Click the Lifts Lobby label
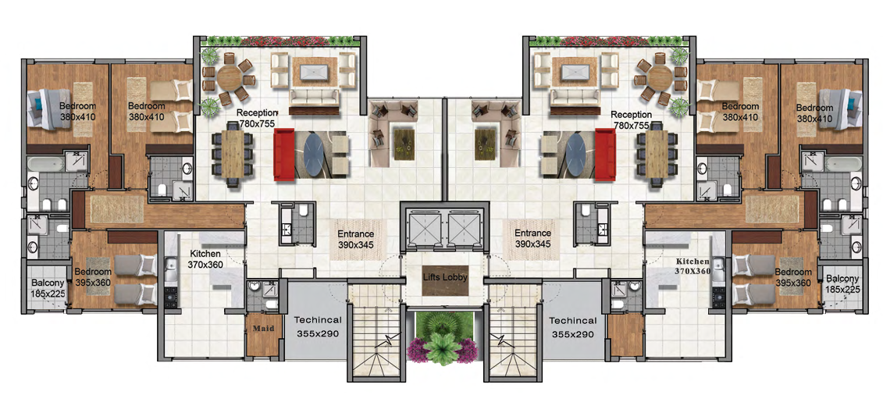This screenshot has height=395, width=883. (x=443, y=277)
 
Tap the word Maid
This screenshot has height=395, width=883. (x=262, y=328)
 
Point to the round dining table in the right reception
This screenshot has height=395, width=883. (x=657, y=77)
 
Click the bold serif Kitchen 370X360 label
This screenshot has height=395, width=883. (x=693, y=266)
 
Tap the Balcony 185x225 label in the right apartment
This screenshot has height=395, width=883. (x=842, y=283)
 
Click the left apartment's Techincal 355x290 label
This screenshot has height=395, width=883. (x=318, y=326)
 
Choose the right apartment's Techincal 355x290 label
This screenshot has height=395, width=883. (x=572, y=326)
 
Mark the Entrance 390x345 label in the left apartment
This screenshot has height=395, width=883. (x=355, y=239)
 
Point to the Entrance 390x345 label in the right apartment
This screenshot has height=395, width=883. (x=532, y=239)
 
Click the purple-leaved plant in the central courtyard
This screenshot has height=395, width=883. (x=443, y=349)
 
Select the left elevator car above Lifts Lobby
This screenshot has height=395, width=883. (x=422, y=228)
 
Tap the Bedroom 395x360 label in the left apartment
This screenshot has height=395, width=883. (x=93, y=277)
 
